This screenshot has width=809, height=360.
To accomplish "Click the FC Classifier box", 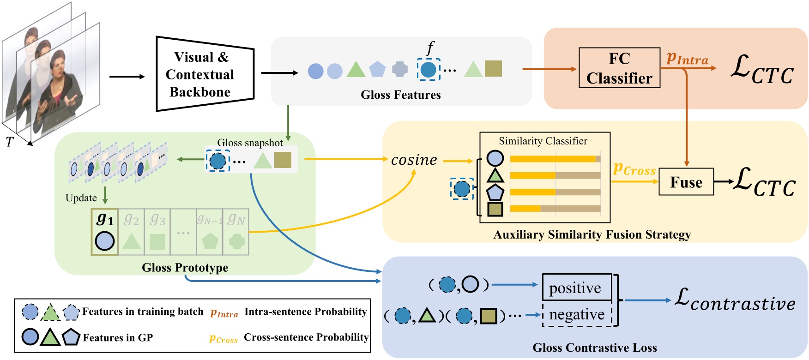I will tap(619, 68).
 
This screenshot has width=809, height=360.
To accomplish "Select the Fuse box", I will tap(686, 182).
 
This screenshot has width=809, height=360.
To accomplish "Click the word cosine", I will tap(414, 160).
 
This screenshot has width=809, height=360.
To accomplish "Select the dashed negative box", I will tap(577, 314).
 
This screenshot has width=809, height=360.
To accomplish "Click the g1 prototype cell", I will tap(105, 232).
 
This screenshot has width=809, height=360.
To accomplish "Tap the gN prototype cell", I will tap(236, 232).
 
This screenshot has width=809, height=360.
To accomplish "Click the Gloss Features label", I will tap(400, 95).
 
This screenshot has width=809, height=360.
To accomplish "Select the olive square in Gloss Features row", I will tap(493, 69).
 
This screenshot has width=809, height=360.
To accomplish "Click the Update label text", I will tap(81, 198).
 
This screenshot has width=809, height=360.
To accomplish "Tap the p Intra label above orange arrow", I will tap(687, 59).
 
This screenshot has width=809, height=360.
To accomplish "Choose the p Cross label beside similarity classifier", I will tap(634, 169).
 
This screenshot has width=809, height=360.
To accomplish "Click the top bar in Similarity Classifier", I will tap(555, 159).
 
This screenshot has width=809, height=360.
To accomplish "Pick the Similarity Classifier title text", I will tap(543, 141).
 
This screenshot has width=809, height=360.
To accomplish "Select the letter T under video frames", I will tap(9, 142).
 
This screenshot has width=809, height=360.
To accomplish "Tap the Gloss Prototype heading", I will tap(185, 268).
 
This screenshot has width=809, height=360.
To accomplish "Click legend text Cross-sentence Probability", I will tap(306, 337).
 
